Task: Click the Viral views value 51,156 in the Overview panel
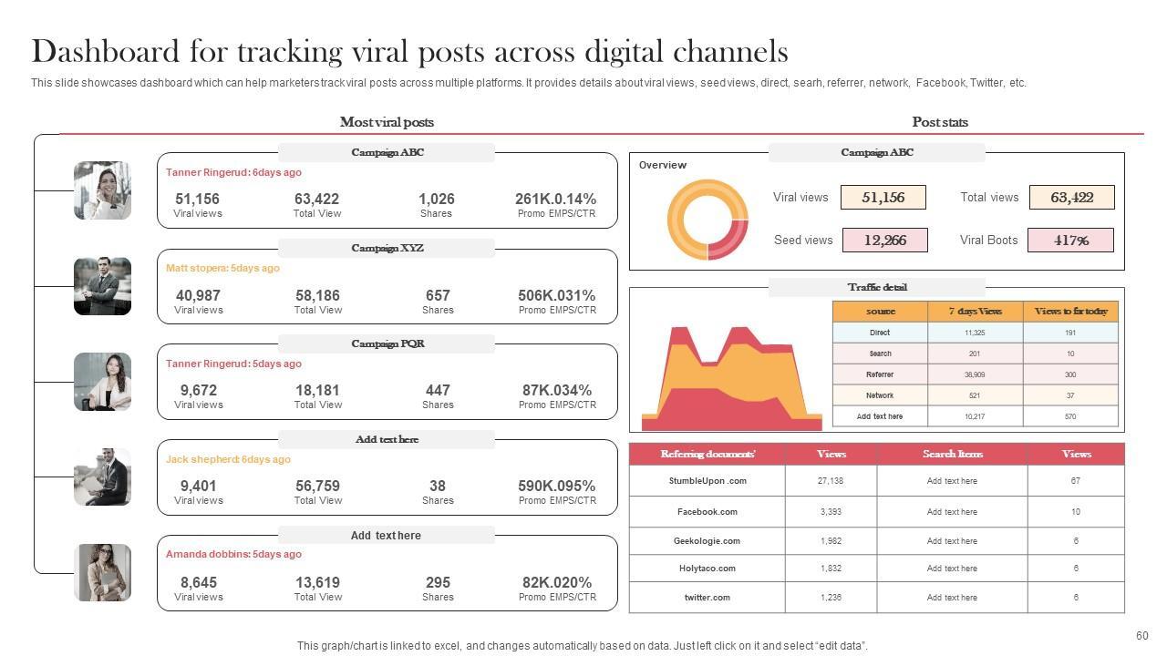pos(883,198)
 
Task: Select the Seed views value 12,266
pos(884,241)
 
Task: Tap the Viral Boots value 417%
pos(1070,241)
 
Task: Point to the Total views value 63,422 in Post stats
pos(1071,198)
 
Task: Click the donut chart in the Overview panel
pos(707,220)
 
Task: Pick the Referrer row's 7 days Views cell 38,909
pos(974,374)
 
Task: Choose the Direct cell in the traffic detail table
pos(879,333)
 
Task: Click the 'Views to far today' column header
pos(1070,312)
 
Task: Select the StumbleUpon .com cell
pos(707,481)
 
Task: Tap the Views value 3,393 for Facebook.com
pos(831,512)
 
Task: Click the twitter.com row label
pos(707,598)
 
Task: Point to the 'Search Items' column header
pos(952,454)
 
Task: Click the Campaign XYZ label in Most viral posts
pos(387,248)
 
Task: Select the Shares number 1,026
pos(436,199)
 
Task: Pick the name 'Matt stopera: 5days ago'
pos(222,268)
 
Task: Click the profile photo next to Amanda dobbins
pos(102,572)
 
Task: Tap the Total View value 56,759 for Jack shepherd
pos(317,486)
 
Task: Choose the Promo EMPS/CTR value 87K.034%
pos(557,390)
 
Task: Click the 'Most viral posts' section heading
pos(387,122)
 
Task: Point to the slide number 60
pos(1141,636)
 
